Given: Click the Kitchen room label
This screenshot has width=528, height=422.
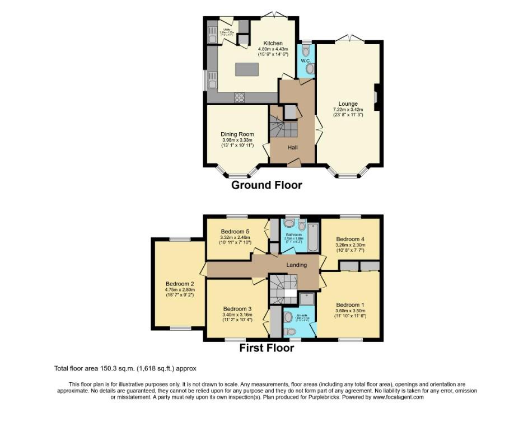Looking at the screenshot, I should [x=273, y=43].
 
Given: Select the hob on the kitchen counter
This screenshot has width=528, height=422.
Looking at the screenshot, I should [x=239, y=97].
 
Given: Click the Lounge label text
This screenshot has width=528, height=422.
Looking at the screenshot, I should [x=348, y=104].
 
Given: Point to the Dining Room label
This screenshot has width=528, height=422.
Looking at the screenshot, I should [x=237, y=134].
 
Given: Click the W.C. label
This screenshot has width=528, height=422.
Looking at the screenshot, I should [x=306, y=60].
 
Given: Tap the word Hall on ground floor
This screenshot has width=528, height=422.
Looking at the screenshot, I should [x=293, y=148].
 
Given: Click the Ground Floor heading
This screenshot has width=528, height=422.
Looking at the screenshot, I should [x=267, y=185].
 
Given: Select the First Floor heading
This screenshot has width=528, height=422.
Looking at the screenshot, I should [x=267, y=348].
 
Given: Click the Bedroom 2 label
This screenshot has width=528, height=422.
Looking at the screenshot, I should [x=180, y=284].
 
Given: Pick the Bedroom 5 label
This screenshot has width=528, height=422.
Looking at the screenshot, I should [x=235, y=232].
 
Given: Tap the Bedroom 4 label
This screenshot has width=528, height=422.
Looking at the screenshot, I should [x=350, y=238].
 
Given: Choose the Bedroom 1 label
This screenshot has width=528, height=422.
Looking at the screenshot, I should [x=351, y=305].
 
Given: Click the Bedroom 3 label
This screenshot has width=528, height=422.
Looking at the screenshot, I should [x=237, y=309].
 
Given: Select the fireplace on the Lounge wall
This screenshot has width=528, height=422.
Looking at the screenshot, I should [x=377, y=97].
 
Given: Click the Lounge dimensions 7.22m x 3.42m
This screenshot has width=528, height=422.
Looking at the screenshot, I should [x=348, y=110].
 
